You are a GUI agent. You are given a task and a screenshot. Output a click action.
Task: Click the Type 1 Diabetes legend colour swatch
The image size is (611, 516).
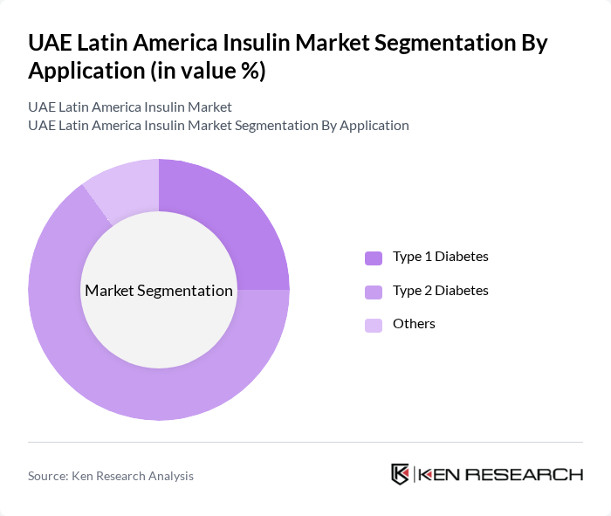[x=374, y=258]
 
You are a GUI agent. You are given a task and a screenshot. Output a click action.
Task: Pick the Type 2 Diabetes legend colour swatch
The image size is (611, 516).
[x=374, y=292]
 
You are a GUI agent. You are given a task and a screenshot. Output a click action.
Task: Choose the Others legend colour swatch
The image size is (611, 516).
[x=374, y=325]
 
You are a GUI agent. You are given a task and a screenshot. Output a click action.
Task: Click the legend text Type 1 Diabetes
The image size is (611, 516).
[x=440, y=257]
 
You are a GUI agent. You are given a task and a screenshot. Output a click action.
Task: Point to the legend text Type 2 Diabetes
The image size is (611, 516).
[x=440, y=290]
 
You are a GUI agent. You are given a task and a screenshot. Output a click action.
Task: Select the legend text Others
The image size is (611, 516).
[x=414, y=324]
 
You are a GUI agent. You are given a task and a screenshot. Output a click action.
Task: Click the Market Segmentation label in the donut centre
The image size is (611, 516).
[x=159, y=291]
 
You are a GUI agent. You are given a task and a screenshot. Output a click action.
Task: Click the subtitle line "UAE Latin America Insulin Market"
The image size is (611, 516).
[x=130, y=107]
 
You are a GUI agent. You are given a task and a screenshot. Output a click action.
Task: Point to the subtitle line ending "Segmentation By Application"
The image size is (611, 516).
[x=218, y=125]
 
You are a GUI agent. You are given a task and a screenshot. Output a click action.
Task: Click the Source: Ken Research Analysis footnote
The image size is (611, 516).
[x=111, y=476]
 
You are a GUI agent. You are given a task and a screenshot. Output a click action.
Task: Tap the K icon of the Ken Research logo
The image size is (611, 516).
[x=400, y=474]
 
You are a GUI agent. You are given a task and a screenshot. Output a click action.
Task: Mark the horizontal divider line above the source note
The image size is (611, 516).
[x=305, y=442]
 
